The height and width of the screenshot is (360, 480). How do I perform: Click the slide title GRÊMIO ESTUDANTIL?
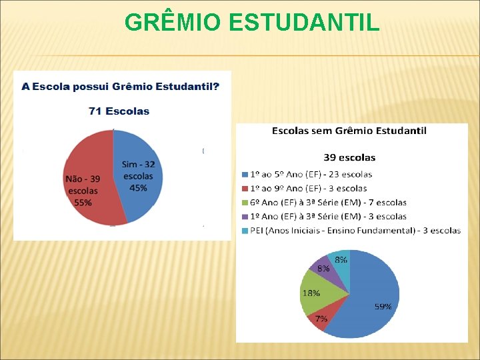[252, 23]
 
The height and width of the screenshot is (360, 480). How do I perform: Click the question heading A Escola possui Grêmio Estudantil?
[120, 87]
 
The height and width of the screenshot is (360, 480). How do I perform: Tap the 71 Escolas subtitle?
[119, 111]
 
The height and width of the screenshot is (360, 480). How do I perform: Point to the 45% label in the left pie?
[139, 188]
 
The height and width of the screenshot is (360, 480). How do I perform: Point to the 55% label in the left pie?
[83, 203]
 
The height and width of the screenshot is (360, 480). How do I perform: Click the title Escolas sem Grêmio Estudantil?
[349, 131]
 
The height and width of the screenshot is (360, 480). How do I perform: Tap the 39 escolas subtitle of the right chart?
[349, 157]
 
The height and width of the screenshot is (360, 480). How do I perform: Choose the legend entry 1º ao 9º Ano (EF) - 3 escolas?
[303, 188]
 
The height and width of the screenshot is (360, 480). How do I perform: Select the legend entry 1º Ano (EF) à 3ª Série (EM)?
[323, 216]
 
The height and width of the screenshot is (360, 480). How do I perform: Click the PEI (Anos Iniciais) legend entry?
[351, 231]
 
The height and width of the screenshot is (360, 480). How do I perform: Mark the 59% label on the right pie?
[383, 307]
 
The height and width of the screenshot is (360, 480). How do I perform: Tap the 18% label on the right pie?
[311, 293]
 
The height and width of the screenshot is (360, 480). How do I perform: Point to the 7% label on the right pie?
[321, 319]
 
